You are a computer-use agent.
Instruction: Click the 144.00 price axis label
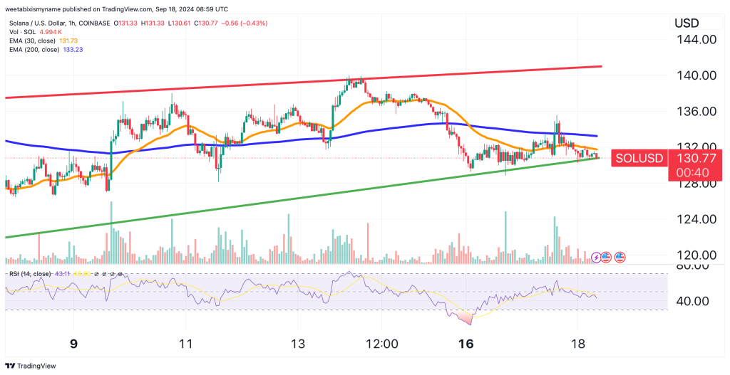pos(696,40)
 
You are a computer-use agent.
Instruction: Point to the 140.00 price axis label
pos(696,75)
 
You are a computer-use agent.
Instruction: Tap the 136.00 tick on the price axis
pos(696,112)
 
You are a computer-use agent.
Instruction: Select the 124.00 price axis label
pos(696,219)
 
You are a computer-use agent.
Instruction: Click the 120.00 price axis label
pos(696,255)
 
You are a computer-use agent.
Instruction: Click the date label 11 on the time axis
pos(185,344)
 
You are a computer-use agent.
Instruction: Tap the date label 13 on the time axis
pos(298,344)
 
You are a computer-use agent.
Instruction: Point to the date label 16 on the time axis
pos(466,344)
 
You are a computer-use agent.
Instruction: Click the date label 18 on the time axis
pos(578,344)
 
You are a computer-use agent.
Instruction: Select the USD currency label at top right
pos(687,23)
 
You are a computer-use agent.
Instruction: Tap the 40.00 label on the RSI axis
pos(691,301)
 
